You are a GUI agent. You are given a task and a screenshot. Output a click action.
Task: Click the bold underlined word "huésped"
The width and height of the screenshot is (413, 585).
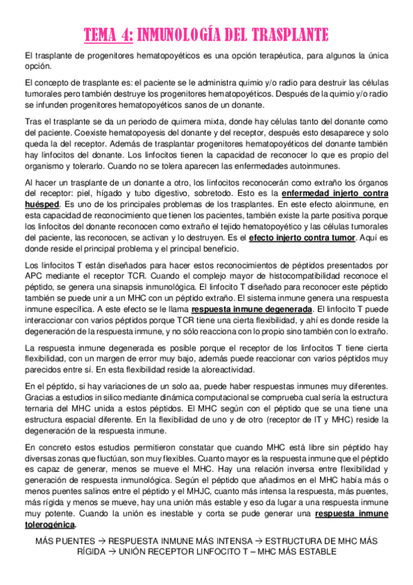(x=41, y=205)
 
